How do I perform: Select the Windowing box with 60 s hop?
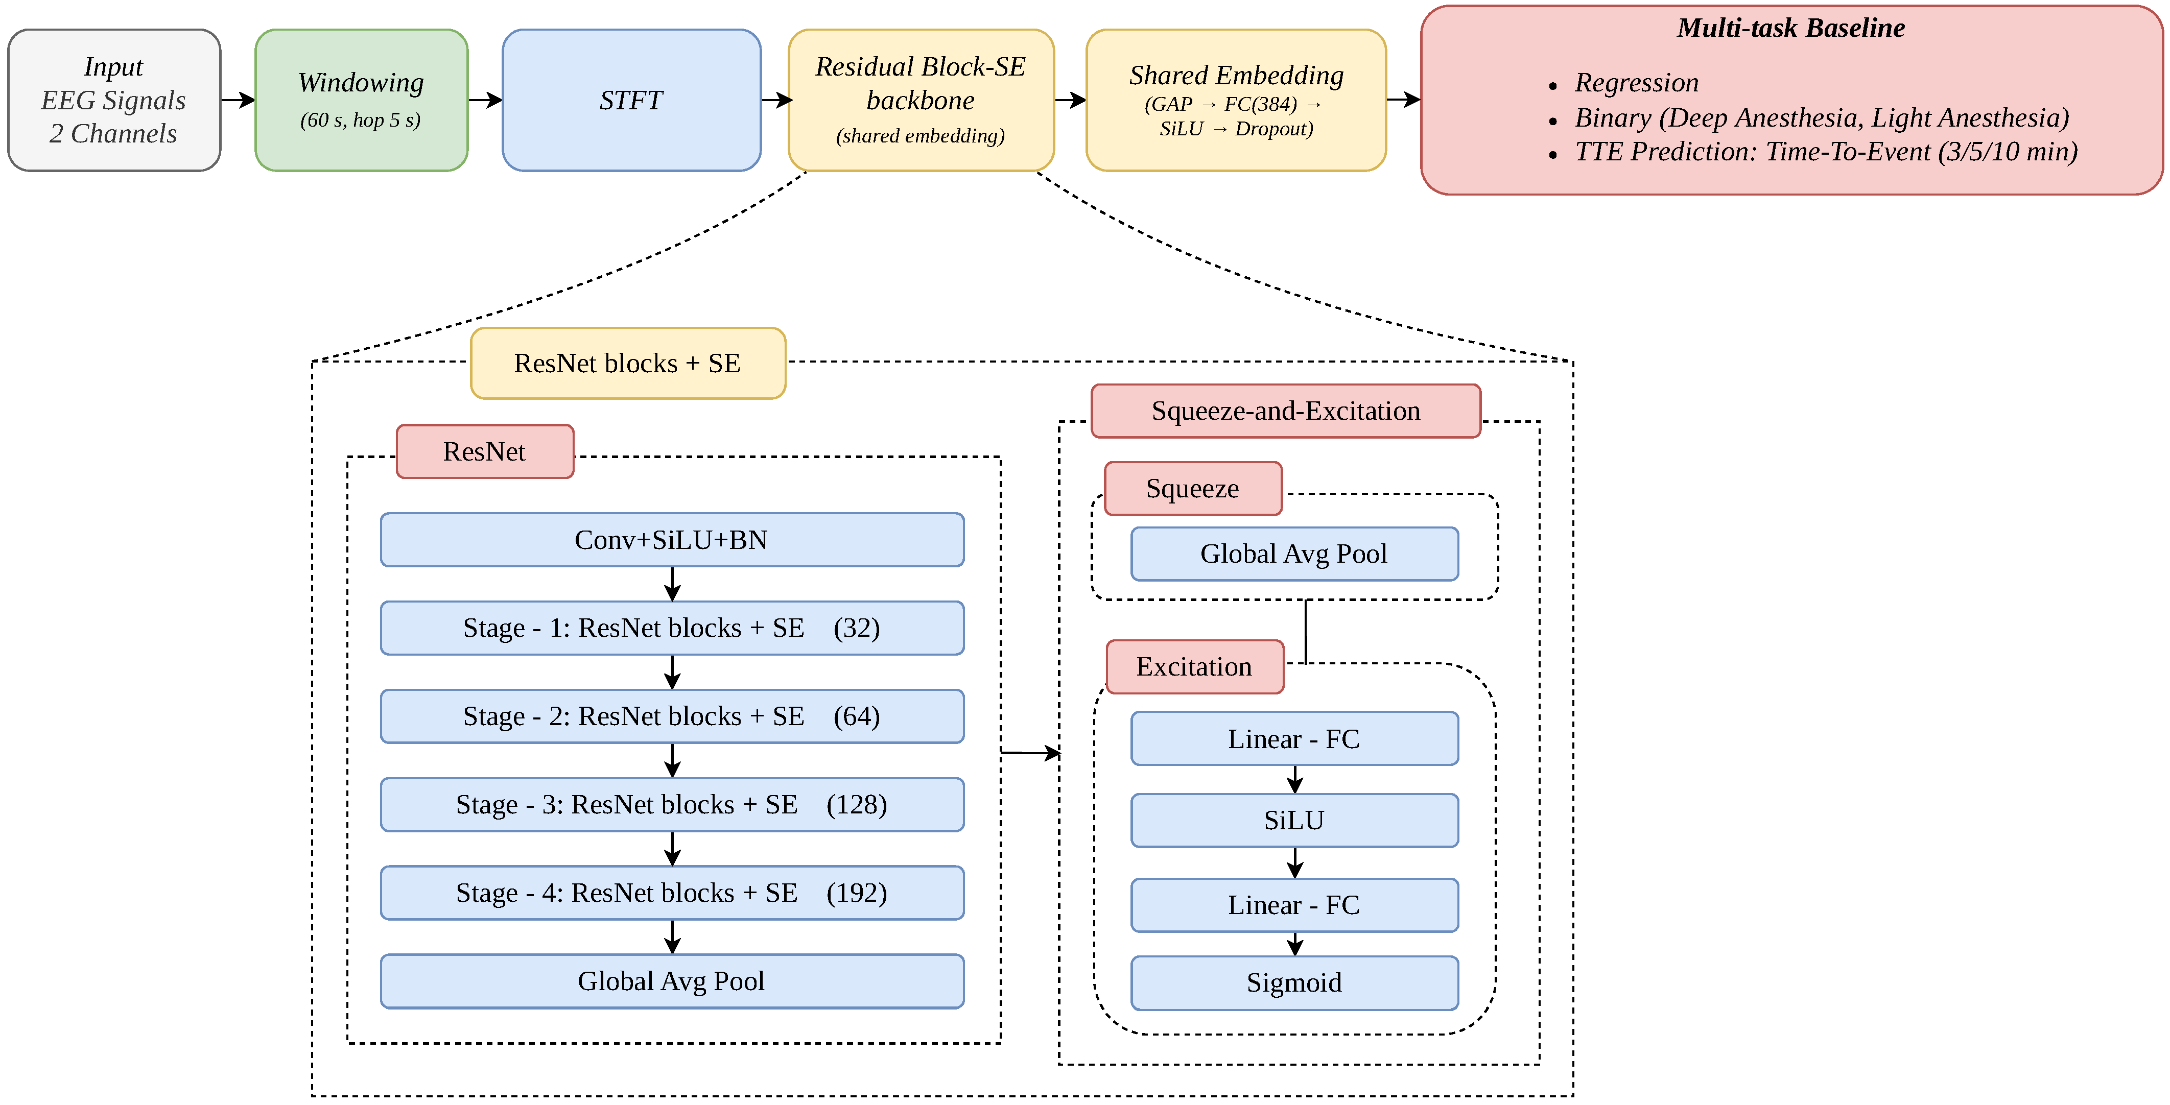pyautogui.click(x=361, y=100)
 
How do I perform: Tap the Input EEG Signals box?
pyautogui.click(x=114, y=100)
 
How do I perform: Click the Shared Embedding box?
pyautogui.click(x=1236, y=100)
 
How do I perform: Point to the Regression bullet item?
pyautogui.click(x=1636, y=83)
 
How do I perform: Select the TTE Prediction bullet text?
pyautogui.click(x=1826, y=152)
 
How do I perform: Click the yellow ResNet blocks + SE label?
pyautogui.click(x=628, y=363)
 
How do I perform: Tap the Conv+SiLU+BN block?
pyautogui.click(x=671, y=540)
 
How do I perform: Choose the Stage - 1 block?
pyautogui.click(x=671, y=628)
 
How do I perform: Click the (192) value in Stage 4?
pyautogui.click(x=857, y=893)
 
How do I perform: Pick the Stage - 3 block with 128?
pyautogui.click(x=671, y=804)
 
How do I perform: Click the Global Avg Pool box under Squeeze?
pyautogui.click(x=1294, y=554)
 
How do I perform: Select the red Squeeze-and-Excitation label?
pyautogui.click(x=1285, y=411)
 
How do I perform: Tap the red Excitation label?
pyautogui.click(x=1194, y=667)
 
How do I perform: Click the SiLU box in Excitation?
pyautogui.click(x=1294, y=821)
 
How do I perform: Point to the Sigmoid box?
pyautogui.click(x=1294, y=983)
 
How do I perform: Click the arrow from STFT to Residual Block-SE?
pyautogui.click(x=776, y=100)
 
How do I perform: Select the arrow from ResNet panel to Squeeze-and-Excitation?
pyautogui.click(x=1031, y=752)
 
